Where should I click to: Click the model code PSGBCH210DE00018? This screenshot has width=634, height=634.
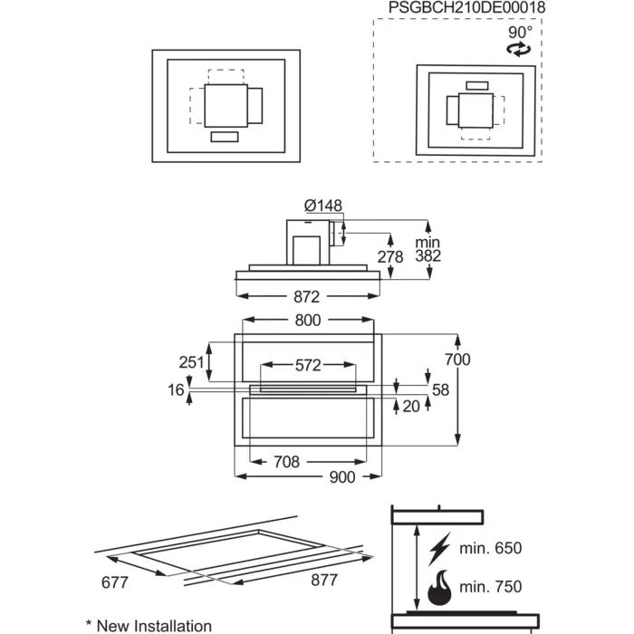(x=467, y=7)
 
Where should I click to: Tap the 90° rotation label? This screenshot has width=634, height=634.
(x=521, y=32)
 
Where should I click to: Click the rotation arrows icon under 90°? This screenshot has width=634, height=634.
(x=519, y=49)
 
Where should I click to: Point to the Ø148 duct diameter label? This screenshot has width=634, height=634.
(x=323, y=206)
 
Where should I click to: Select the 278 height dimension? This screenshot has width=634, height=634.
(x=390, y=256)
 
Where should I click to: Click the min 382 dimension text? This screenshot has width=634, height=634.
(x=427, y=249)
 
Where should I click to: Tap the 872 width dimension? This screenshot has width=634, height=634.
(x=306, y=297)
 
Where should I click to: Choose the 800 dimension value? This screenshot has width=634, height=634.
(x=308, y=321)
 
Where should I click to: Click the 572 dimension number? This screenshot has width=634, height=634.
(x=308, y=366)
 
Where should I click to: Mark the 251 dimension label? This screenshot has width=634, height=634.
(x=192, y=362)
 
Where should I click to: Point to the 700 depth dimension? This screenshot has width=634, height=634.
(x=457, y=360)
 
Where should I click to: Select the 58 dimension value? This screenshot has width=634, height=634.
(x=440, y=389)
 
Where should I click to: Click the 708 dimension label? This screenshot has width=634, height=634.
(x=287, y=462)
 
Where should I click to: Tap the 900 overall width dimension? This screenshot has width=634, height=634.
(x=342, y=477)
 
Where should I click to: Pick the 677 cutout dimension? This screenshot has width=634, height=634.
(x=115, y=582)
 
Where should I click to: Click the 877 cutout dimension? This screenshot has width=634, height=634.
(x=324, y=580)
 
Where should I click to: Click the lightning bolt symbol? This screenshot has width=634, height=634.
(x=439, y=549)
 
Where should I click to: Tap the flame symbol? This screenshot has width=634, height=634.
(x=439, y=588)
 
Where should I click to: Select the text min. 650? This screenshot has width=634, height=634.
(x=491, y=548)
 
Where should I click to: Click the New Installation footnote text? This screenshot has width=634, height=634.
(x=154, y=626)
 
